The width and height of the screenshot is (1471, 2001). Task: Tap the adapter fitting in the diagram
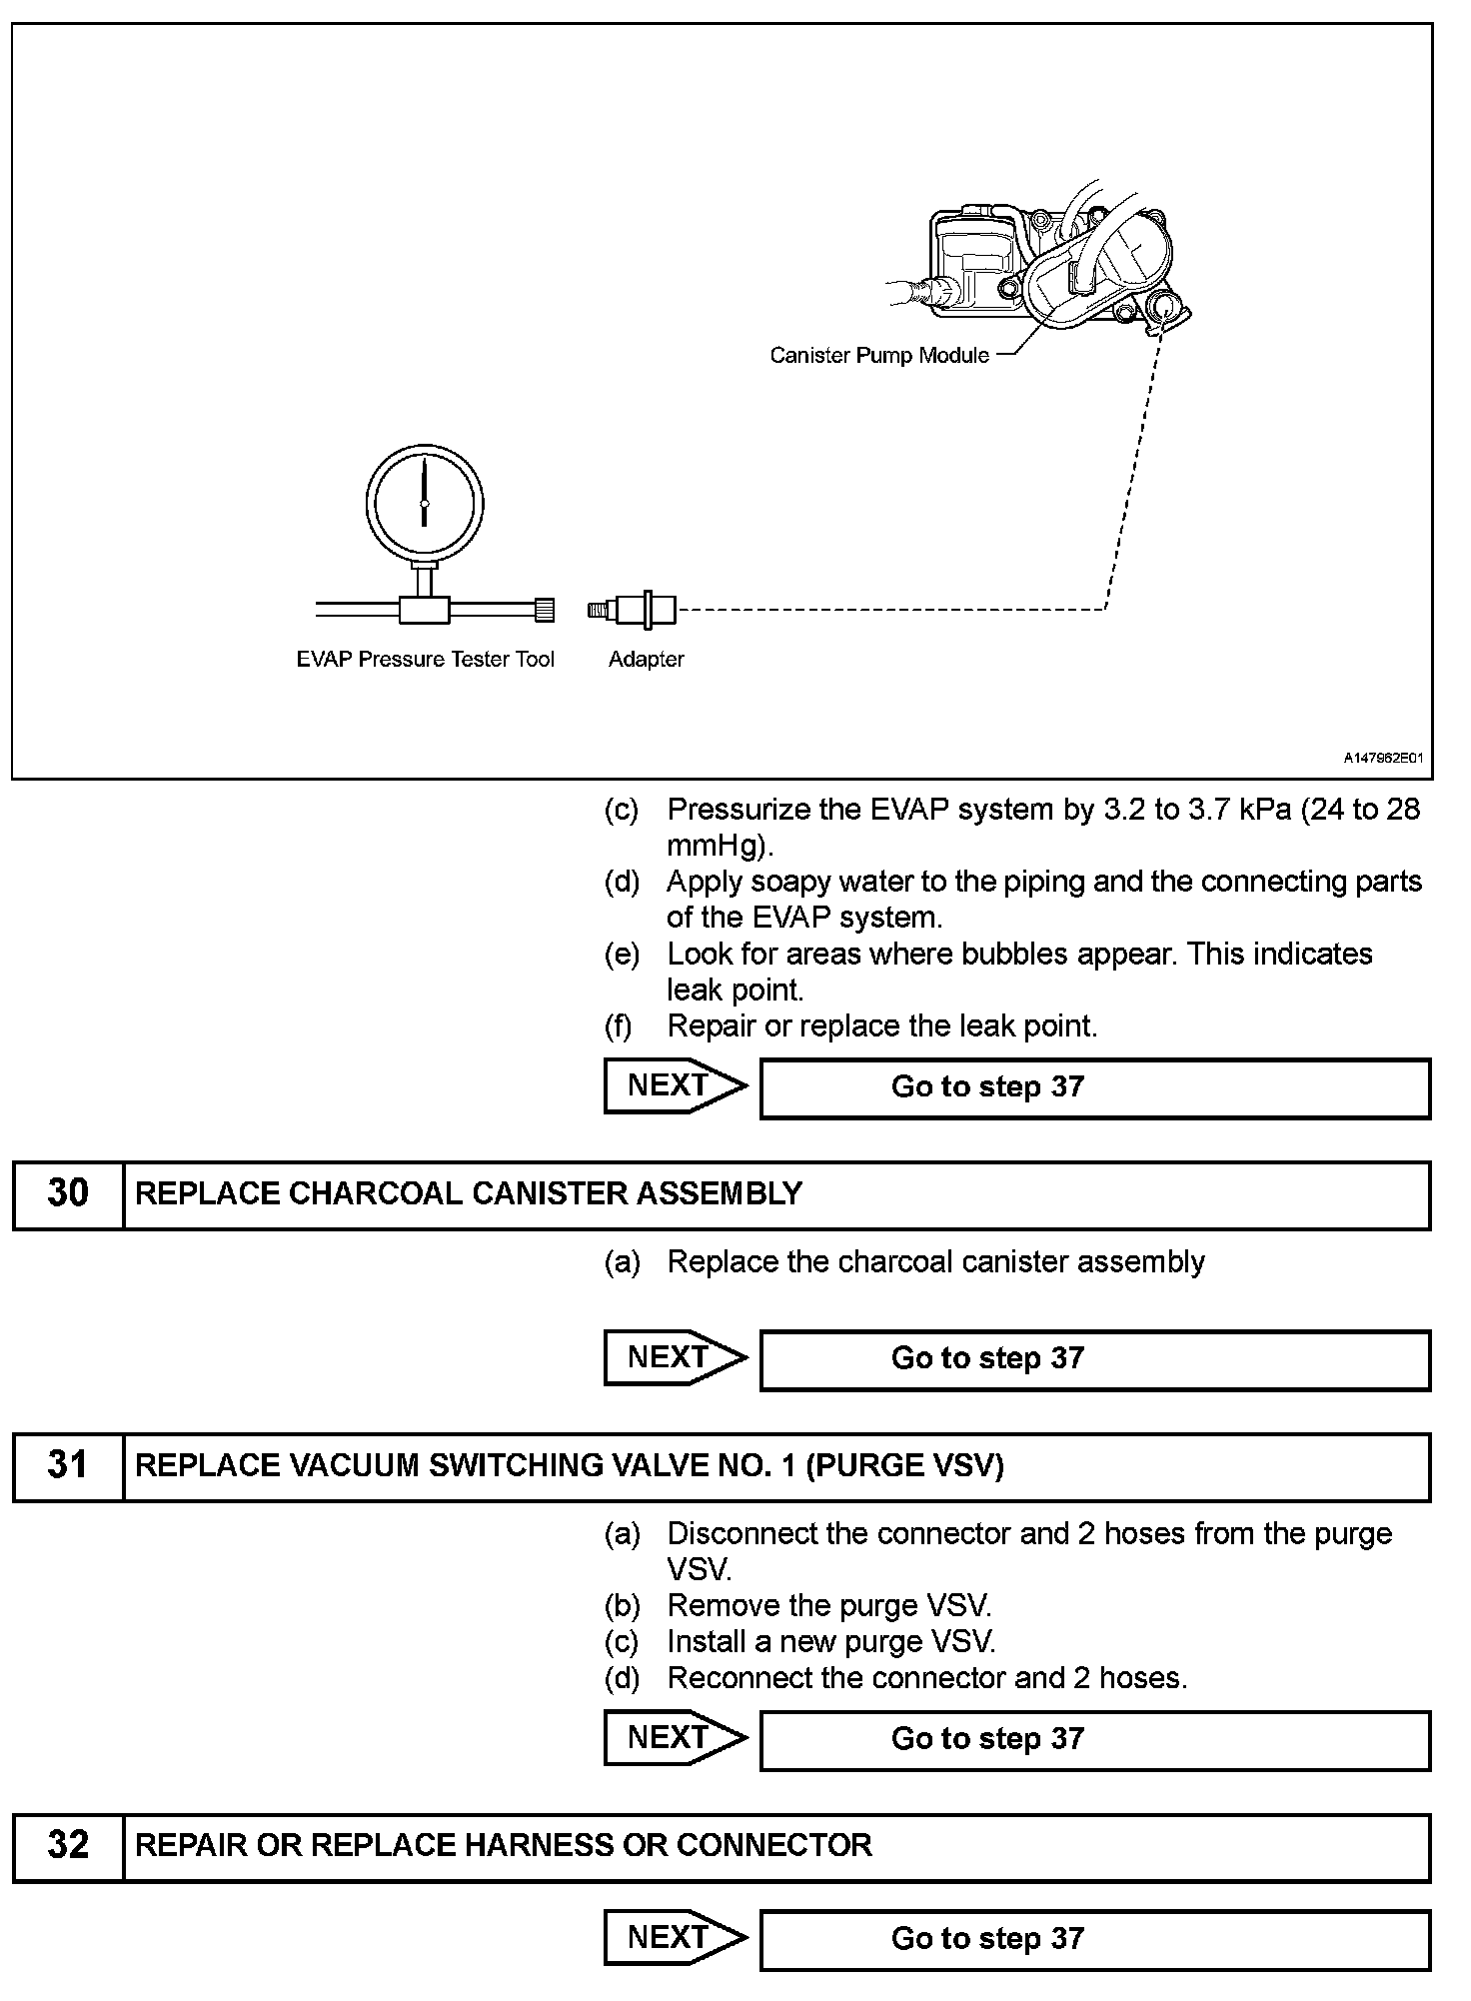click(x=633, y=610)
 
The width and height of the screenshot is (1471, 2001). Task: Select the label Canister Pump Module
click(x=879, y=355)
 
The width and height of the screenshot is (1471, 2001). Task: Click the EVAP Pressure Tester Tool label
click(x=425, y=659)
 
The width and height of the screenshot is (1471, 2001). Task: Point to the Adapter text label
click(x=646, y=659)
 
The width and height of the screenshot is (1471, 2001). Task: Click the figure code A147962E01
click(x=1382, y=758)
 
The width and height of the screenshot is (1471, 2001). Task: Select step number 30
click(x=68, y=1193)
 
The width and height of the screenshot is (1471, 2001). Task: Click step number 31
click(x=68, y=1465)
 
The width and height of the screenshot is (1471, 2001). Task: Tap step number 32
click(x=68, y=1845)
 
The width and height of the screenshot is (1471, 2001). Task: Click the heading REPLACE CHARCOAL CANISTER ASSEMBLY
click(x=469, y=1193)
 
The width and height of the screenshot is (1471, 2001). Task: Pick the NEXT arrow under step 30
click(x=674, y=1357)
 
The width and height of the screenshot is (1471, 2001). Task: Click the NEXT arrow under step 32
click(x=674, y=1937)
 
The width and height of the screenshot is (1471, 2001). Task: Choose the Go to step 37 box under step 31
click(x=1094, y=1739)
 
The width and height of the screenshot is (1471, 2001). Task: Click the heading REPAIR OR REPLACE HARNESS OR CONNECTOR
click(x=503, y=1845)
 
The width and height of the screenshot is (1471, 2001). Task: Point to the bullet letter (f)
click(x=619, y=1025)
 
